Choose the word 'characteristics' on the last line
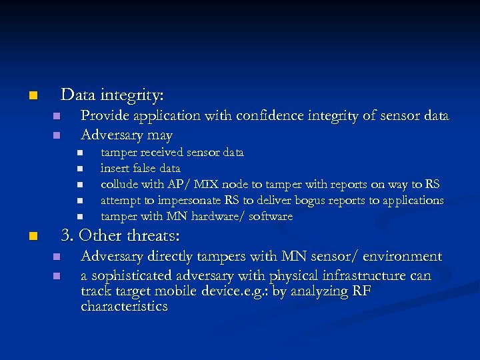[x=124, y=307]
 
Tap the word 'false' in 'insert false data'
[x=144, y=168]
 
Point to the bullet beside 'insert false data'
[x=78, y=169]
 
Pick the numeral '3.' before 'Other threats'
[x=67, y=236]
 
